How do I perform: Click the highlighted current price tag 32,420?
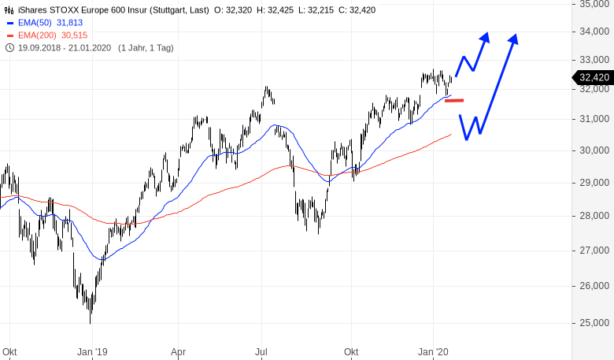tap(594, 77)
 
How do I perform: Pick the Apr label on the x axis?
tap(179, 352)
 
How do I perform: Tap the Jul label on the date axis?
tap(262, 352)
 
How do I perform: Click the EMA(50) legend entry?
tap(35, 23)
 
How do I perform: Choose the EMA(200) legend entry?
tap(37, 35)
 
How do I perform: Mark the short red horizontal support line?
tap(455, 100)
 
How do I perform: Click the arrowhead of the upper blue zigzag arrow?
tap(486, 36)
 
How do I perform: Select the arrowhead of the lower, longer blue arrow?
tap(515, 38)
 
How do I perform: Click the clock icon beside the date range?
tap(9, 48)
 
